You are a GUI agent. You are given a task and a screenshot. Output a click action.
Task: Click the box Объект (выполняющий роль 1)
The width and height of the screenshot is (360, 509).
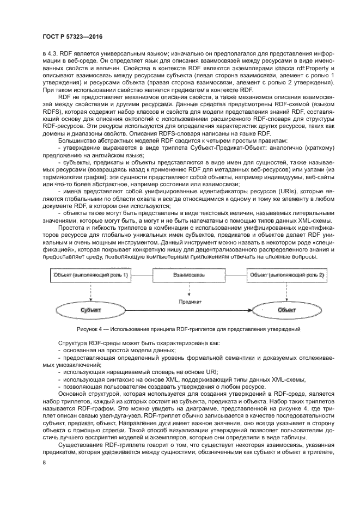91,275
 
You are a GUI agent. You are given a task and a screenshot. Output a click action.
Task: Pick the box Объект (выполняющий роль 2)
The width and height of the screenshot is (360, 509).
287,275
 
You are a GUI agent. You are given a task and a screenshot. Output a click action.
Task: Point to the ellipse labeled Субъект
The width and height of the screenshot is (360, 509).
91,309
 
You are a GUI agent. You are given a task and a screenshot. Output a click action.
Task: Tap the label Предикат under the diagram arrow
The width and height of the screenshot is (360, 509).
189,301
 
